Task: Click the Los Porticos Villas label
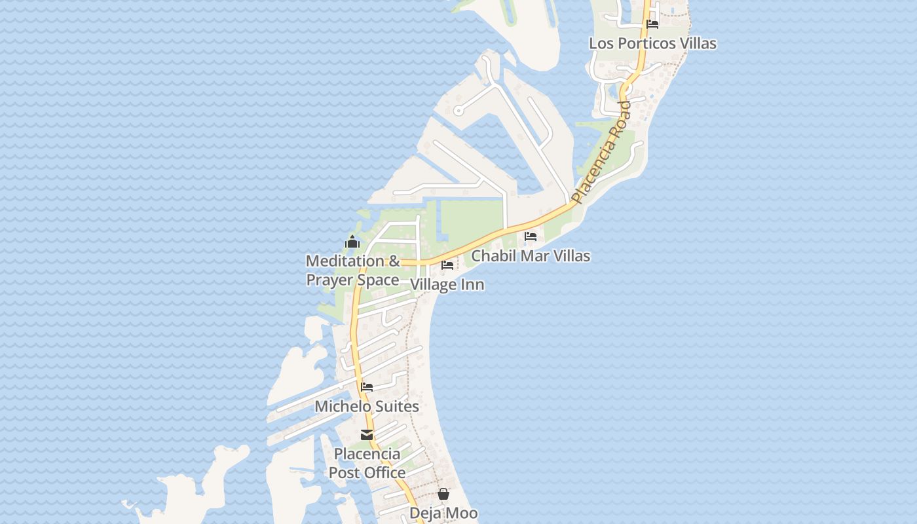[652, 43]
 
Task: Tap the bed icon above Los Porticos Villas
[652, 24]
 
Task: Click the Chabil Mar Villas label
[531, 256]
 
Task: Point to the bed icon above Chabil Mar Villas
[531, 236]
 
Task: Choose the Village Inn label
[447, 284]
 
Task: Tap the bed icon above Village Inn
[447, 265]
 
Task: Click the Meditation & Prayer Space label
[352, 271]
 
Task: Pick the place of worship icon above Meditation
[352, 242]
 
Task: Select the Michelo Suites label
[367, 406]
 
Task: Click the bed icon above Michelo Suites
[367, 387]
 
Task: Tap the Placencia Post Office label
[367, 463]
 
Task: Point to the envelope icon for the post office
[367, 435]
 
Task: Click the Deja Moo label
[443, 513]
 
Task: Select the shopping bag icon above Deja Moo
[443, 494]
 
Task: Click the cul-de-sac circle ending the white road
[458, 111]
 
